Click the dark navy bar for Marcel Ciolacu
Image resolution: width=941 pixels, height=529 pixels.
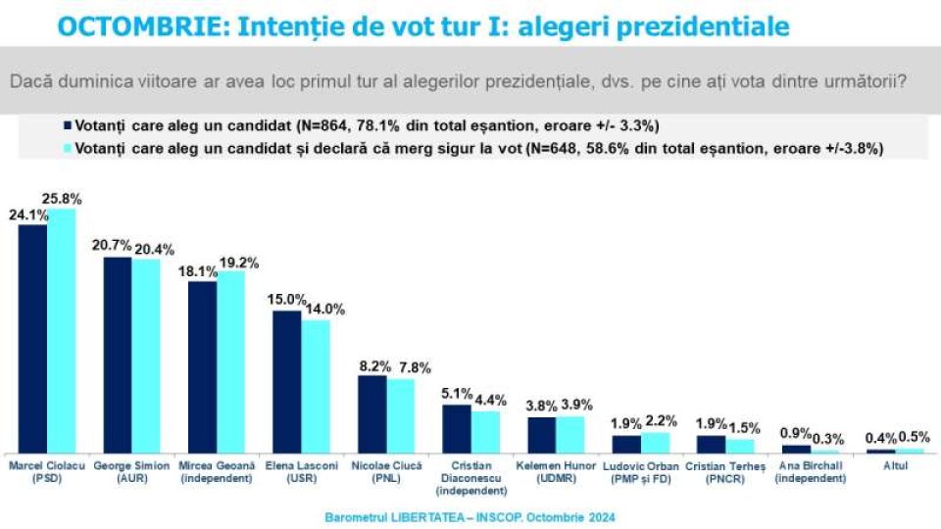[x=32, y=338]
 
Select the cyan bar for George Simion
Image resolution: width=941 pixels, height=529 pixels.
[x=146, y=355]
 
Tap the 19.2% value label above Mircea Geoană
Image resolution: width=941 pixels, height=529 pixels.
[x=234, y=263]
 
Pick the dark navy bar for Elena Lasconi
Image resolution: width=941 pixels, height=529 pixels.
[x=286, y=381]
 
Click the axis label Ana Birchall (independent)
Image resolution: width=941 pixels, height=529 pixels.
[x=813, y=473]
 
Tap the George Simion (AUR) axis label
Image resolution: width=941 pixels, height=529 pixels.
[x=131, y=473]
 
